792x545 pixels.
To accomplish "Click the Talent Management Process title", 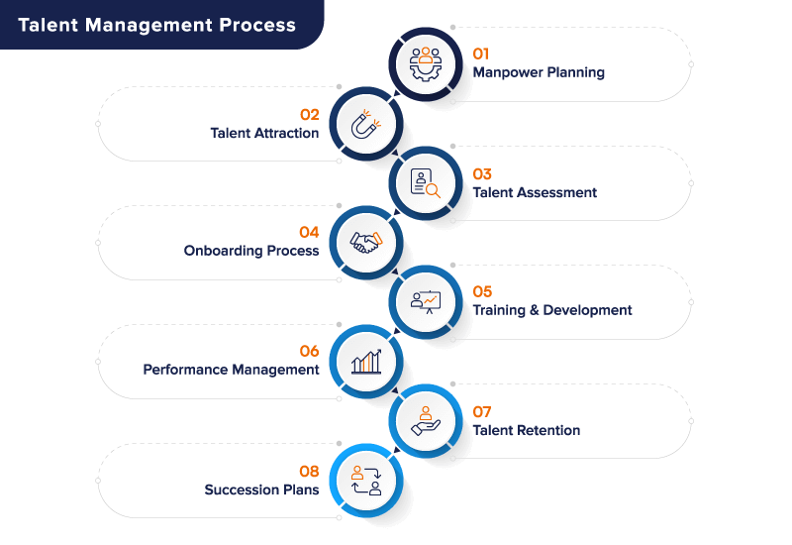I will [156, 25].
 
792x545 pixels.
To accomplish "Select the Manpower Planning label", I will [539, 72].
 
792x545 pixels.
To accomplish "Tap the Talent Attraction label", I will [264, 133].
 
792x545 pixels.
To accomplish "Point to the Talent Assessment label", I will [535, 192].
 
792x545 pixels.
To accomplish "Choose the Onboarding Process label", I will [251, 251].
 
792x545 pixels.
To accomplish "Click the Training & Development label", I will [551, 310].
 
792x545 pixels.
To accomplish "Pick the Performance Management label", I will [231, 370].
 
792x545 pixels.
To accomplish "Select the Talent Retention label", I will [526, 430].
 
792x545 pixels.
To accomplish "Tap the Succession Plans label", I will [261, 490].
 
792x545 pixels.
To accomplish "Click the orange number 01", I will [481, 54].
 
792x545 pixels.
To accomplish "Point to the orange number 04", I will [309, 233].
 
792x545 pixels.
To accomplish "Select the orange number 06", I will [309, 352].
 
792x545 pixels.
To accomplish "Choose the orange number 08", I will [309, 472].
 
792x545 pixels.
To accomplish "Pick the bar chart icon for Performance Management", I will [366, 362].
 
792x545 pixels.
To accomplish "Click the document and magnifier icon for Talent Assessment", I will [427, 183].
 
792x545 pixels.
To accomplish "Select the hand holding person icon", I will [426, 421].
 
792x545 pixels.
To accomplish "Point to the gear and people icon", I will [426, 62].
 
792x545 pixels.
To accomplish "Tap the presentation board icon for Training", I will [427, 301].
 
